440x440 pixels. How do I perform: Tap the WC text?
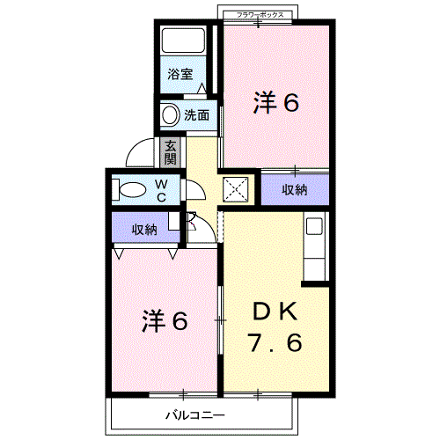162,190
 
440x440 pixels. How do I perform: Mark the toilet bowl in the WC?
131,189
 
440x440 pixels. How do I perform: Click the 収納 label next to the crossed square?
295,189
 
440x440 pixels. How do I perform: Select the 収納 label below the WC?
144,230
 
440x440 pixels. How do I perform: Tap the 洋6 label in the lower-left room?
165,321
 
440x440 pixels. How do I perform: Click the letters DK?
278,312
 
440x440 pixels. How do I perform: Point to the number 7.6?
278,342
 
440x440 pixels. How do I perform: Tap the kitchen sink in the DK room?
314,226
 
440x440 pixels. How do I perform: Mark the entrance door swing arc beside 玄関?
140,156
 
